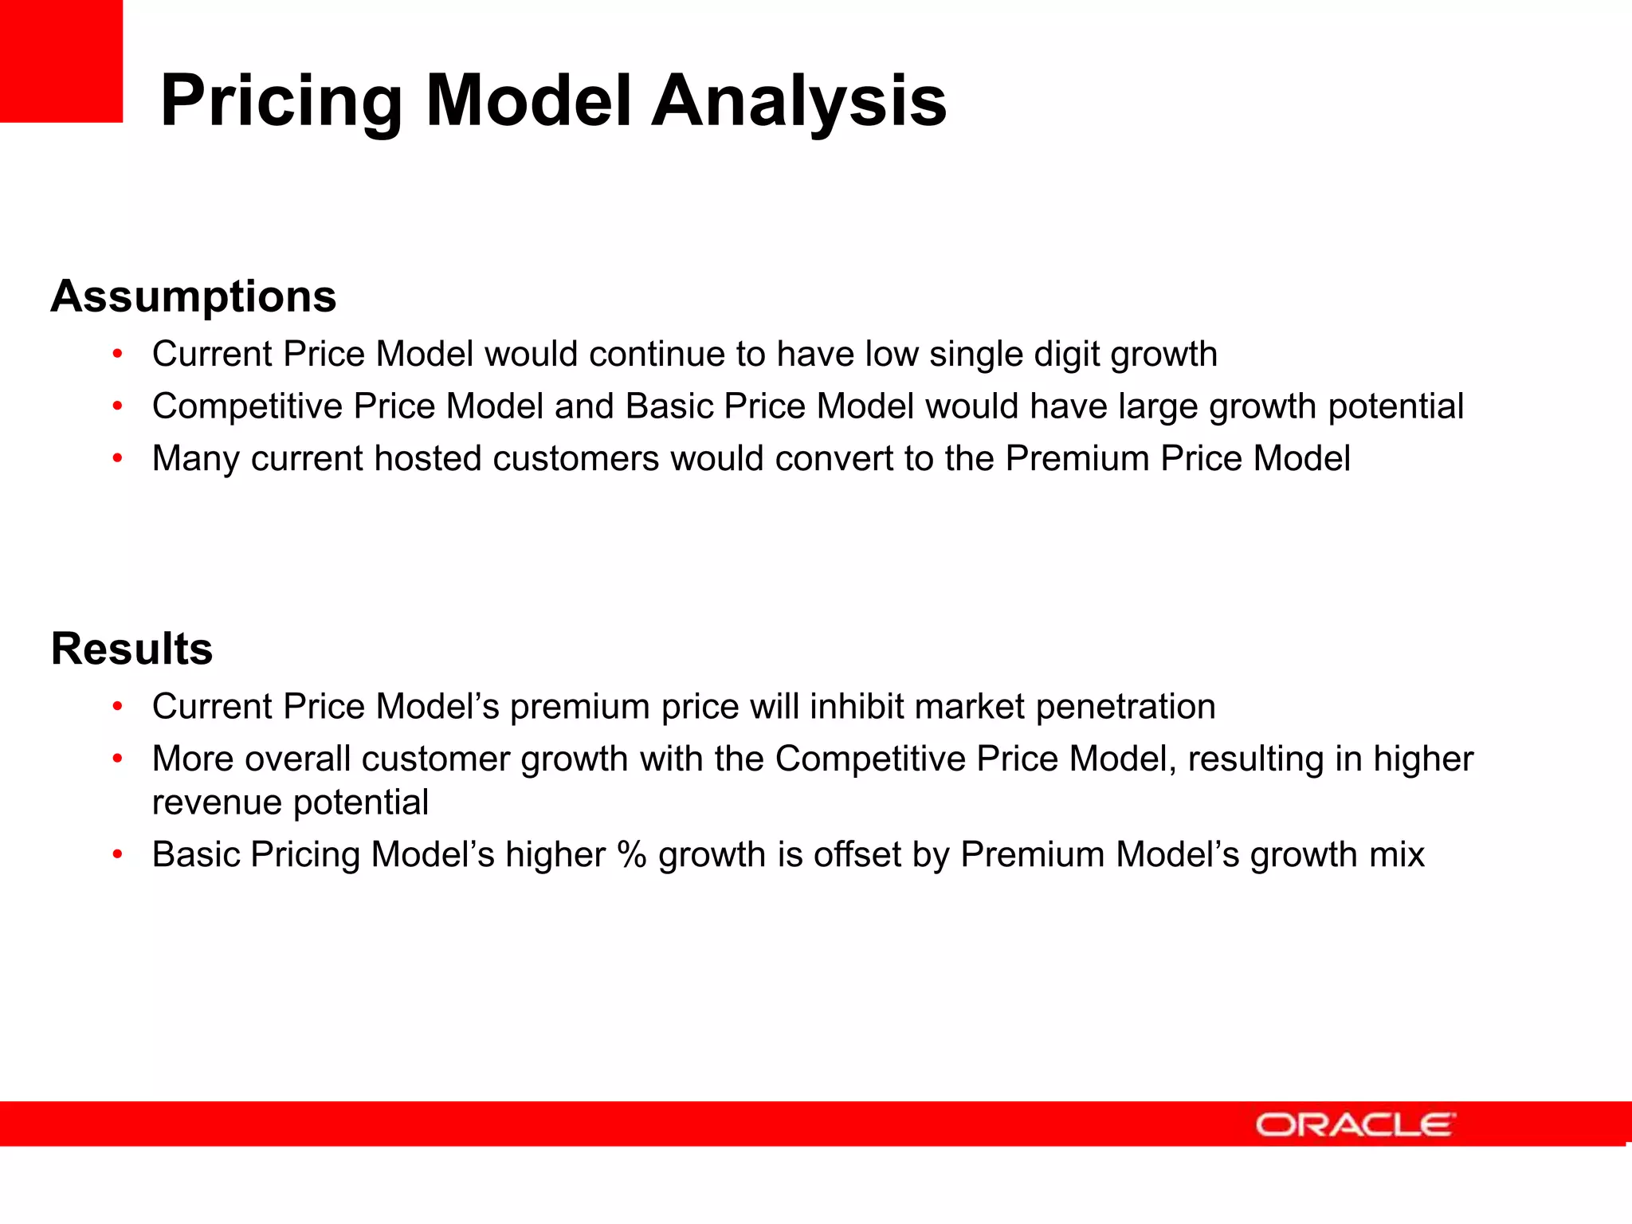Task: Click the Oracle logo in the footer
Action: [1355, 1124]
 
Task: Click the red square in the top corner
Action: [61, 61]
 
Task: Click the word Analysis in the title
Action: [798, 101]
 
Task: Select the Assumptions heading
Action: [193, 296]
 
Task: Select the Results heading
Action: [131, 649]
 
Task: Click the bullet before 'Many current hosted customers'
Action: [117, 459]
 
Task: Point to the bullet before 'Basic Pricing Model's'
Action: [117, 855]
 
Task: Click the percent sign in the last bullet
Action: [631, 854]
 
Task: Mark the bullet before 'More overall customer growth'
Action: [117, 759]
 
